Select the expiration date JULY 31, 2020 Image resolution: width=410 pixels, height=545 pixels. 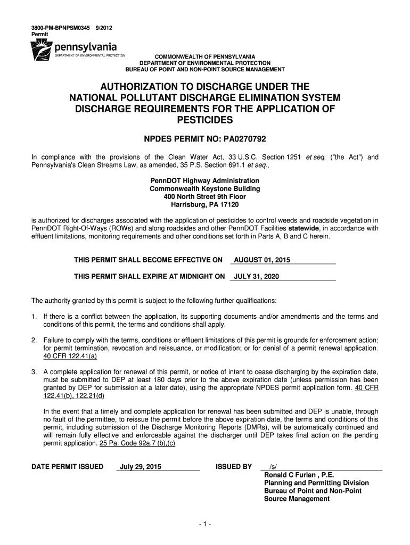pos(257,277)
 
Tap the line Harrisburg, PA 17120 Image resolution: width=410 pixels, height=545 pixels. pos(204,205)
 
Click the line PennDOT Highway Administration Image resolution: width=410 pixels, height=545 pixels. pos(204,181)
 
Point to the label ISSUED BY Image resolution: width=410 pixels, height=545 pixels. pos(233,467)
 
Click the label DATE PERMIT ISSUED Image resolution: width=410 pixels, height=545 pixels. pos(68,467)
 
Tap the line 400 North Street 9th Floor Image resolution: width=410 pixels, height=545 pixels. pos(204,197)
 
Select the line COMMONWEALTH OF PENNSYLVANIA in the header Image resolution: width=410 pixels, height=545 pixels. pos(204,56)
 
